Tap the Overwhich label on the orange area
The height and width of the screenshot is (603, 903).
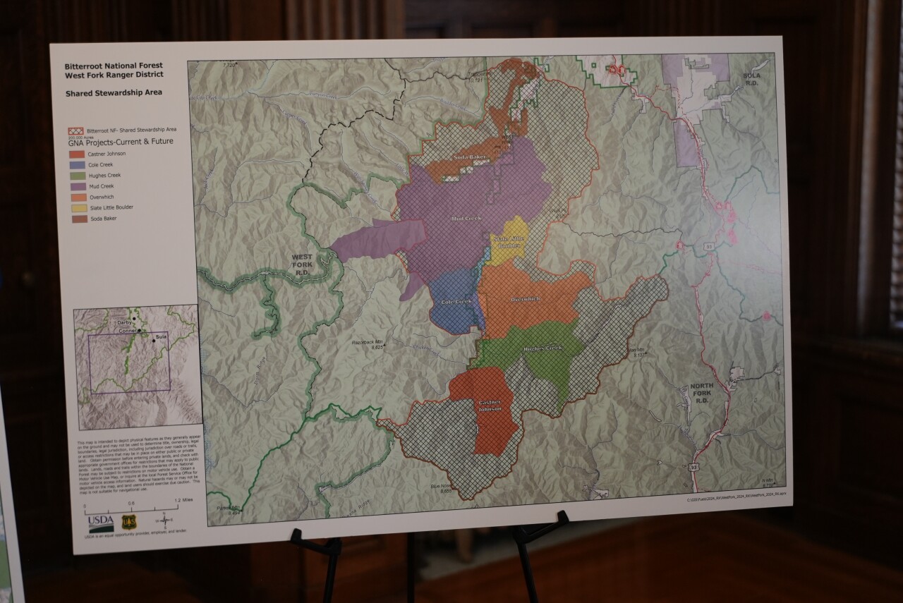click(x=525, y=299)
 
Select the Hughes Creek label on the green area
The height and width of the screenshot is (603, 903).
click(x=543, y=348)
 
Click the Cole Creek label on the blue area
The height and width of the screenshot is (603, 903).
click(x=456, y=302)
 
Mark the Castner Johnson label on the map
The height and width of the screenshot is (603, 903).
click(x=489, y=406)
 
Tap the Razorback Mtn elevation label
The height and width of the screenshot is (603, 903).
click(x=368, y=343)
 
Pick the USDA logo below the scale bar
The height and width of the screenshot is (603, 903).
click(x=101, y=523)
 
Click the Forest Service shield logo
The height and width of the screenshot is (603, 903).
click(x=129, y=522)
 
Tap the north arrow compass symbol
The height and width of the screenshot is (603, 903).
click(x=164, y=522)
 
